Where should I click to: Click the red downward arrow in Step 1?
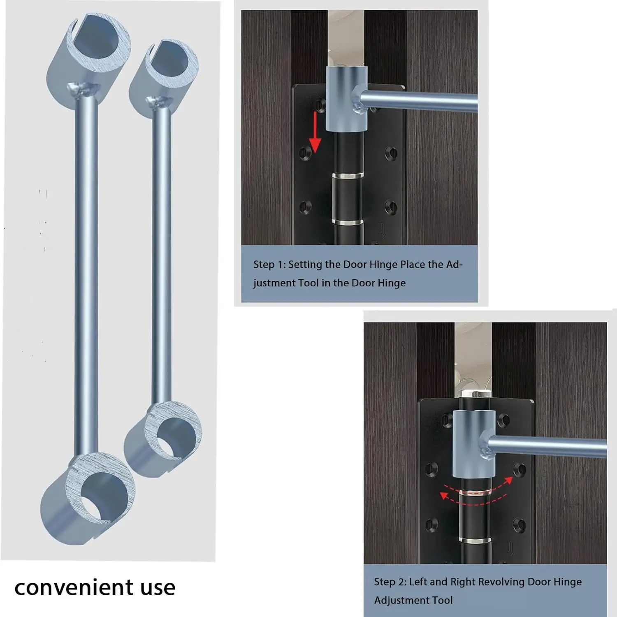pyautogui.click(x=315, y=132)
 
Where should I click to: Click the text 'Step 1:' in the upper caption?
pyautogui.click(x=269, y=264)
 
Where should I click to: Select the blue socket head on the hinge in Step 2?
pyautogui.click(x=473, y=443)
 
